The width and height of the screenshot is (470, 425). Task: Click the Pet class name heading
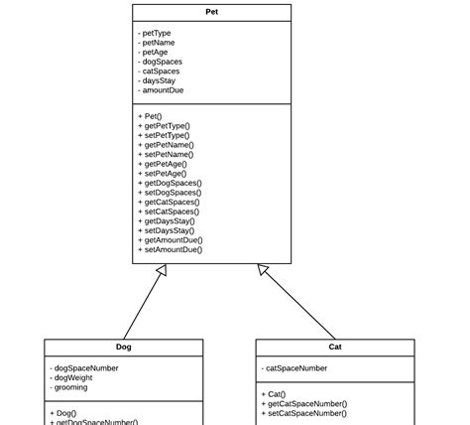pos(212,12)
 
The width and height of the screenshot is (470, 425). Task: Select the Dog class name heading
pos(124,348)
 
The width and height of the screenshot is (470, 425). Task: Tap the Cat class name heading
pos(335,348)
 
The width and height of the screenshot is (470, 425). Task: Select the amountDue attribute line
pos(161,90)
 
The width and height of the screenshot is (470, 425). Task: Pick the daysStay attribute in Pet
pos(158,80)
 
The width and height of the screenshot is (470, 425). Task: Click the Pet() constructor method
pos(153,116)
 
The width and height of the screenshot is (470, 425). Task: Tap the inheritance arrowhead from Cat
pos(264,270)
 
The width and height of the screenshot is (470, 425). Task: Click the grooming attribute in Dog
pos(71,387)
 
